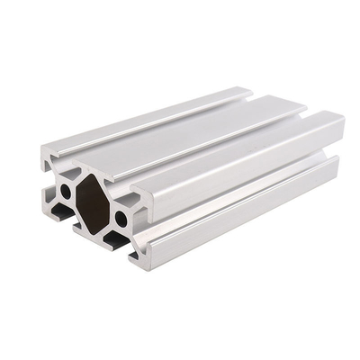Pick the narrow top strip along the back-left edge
click(x=135, y=108)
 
